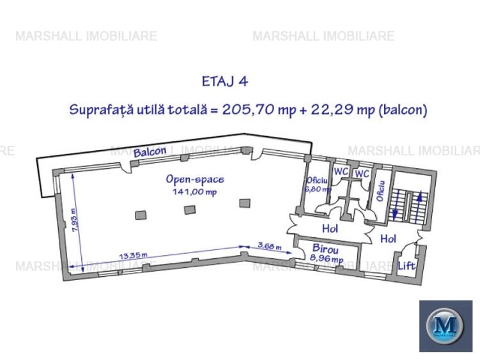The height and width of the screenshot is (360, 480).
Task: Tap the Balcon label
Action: tap(150, 152)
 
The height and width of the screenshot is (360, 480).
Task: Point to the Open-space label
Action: tap(195, 180)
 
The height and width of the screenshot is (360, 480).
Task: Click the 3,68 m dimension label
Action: tap(268, 245)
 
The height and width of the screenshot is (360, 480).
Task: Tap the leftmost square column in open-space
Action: tap(140, 215)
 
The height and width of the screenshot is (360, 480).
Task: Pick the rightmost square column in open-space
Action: tap(244, 203)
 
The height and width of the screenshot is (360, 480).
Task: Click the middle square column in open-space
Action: tap(189, 210)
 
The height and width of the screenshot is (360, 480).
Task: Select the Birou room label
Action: tap(325, 249)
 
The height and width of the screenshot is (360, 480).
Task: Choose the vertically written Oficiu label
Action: tap(382, 190)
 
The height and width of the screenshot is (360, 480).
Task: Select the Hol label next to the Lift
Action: tap(388, 239)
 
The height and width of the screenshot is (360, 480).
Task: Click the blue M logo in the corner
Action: tap(445, 325)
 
